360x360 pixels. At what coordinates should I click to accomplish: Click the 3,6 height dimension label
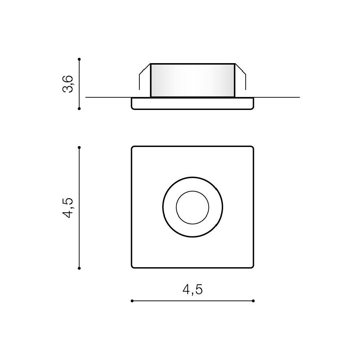(x=68, y=84)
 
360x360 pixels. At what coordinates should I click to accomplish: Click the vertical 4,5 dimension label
(x=68, y=208)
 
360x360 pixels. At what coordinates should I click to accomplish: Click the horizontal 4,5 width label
(x=193, y=289)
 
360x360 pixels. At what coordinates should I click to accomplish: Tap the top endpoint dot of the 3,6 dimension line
(x=79, y=59)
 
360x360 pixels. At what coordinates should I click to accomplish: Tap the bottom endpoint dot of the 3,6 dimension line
(x=79, y=109)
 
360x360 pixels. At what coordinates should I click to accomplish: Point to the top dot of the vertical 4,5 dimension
(x=79, y=147)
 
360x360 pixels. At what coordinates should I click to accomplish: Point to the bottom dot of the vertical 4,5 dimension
(x=79, y=268)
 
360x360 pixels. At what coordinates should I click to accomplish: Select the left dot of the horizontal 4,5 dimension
(x=132, y=301)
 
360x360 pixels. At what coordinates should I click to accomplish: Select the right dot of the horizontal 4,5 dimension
(x=253, y=301)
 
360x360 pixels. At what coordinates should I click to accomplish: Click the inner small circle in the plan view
(x=193, y=191)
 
